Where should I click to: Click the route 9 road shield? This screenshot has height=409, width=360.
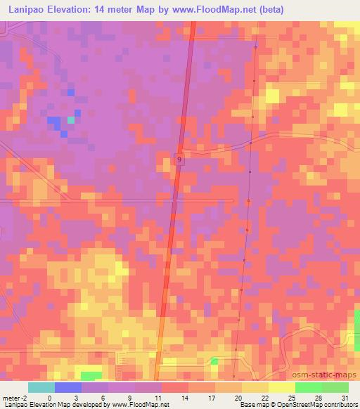tap(179, 160)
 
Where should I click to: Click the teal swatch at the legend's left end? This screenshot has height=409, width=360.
tap(41, 387)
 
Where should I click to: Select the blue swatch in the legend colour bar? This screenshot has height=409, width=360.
tap(68, 387)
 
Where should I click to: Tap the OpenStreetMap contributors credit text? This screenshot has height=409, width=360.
tap(321, 405)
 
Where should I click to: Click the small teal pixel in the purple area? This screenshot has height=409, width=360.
tap(71, 119)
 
